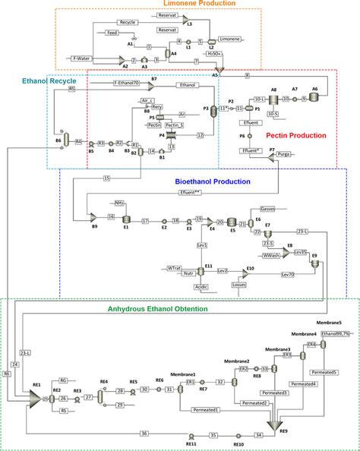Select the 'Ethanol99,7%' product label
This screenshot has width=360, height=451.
click(335, 333)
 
